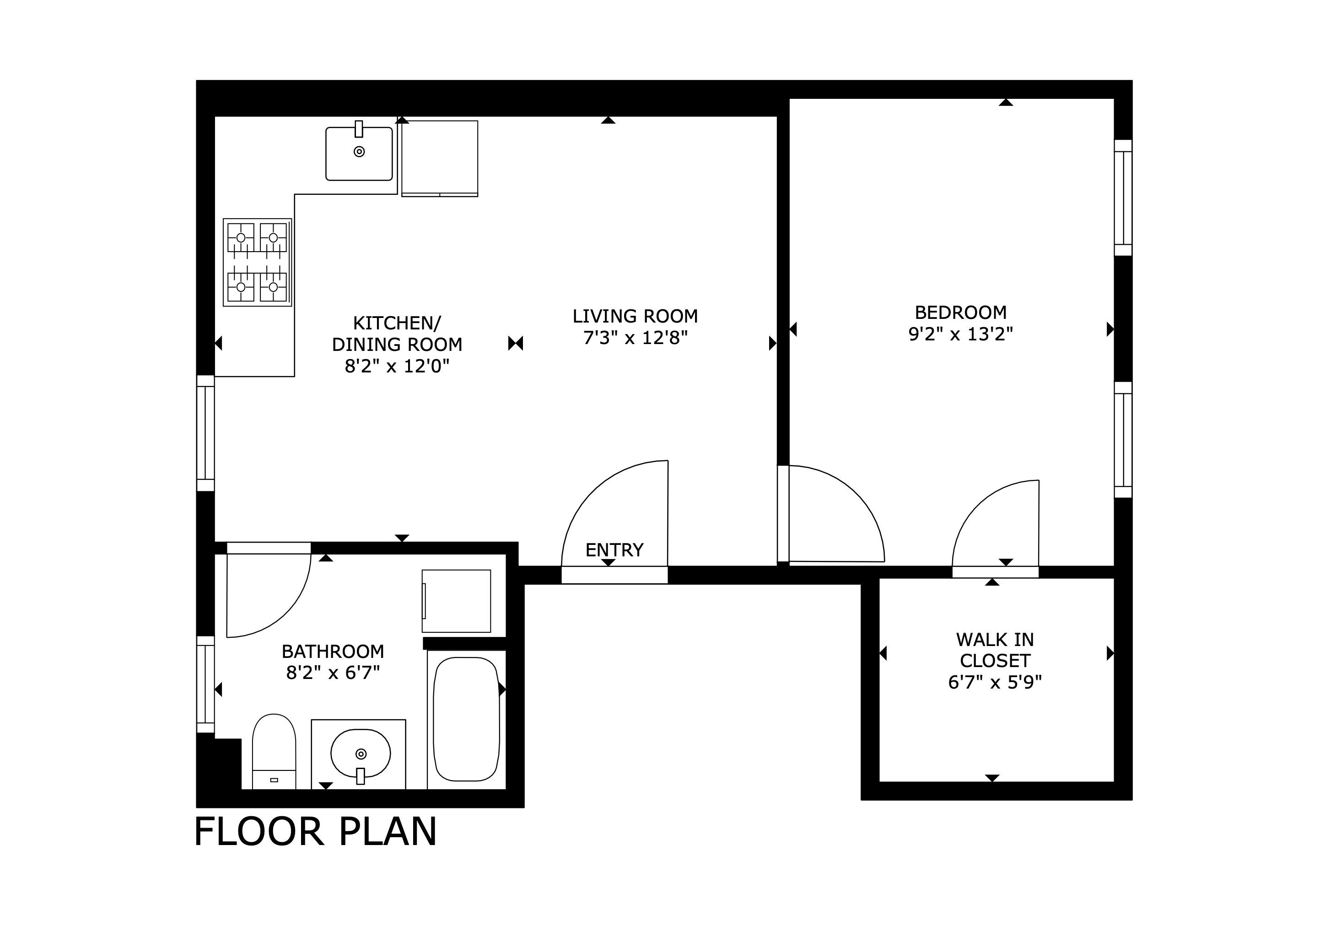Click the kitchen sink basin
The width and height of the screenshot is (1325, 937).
pyautogui.click(x=359, y=153)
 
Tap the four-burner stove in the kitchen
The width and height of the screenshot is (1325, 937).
pyautogui.click(x=258, y=263)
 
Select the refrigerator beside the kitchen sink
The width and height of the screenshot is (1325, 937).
pyautogui.click(x=440, y=159)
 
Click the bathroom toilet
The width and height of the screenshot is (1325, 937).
pyautogui.click(x=274, y=751)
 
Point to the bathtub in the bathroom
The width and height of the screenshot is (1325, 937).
pyautogui.click(x=466, y=720)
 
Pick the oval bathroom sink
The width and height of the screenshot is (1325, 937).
pyautogui.click(x=361, y=753)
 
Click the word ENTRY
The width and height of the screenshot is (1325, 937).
pyautogui.click(x=614, y=550)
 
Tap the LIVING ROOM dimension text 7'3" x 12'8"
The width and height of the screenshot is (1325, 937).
pyautogui.click(x=636, y=338)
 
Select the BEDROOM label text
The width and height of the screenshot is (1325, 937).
pyautogui.click(x=960, y=313)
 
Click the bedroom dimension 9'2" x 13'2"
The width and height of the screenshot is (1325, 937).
pyautogui.click(x=960, y=334)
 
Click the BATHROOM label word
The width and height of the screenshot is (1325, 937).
pyautogui.click(x=333, y=652)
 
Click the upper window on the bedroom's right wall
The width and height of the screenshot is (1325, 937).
pyautogui.click(x=1123, y=197)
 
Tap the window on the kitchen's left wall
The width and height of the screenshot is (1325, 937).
pyautogui.click(x=206, y=433)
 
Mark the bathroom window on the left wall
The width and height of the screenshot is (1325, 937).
pyautogui.click(x=206, y=684)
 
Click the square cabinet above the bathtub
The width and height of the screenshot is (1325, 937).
pyautogui.click(x=456, y=601)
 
